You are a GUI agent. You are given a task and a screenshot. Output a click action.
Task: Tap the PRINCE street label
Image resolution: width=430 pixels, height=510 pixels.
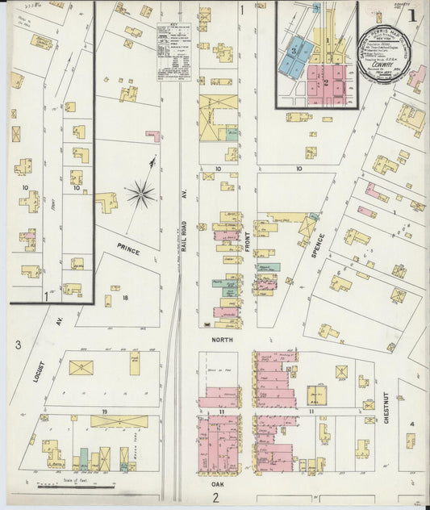127,250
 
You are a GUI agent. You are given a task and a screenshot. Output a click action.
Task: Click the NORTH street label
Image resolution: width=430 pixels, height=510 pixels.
222,340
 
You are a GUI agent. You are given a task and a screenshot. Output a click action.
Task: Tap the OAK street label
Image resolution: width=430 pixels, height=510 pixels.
217,484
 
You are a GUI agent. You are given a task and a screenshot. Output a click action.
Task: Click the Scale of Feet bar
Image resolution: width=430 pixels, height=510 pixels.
75,487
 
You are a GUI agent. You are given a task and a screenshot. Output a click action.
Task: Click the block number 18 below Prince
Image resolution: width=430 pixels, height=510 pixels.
125,298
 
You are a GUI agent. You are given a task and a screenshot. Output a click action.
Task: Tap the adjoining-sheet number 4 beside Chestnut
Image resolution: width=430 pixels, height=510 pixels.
411,424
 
